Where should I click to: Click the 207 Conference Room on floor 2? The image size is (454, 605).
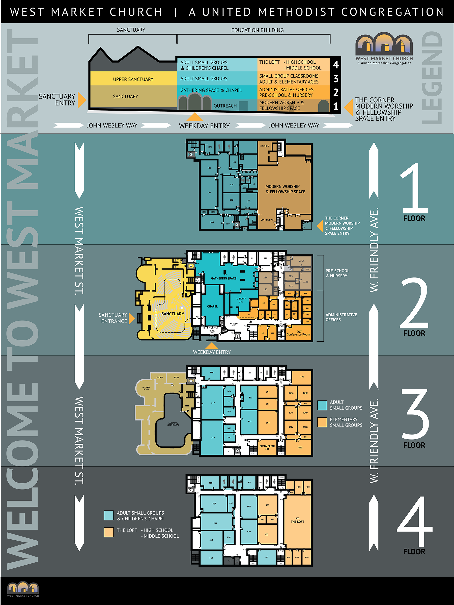click(298, 333)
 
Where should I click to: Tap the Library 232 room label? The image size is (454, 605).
click(241, 300)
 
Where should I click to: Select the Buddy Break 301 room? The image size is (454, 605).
click(267, 447)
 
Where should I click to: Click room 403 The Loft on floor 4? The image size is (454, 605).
click(297, 520)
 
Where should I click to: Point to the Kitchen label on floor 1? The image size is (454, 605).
click(264, 146)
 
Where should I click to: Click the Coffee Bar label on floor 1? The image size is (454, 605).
click(267, 220)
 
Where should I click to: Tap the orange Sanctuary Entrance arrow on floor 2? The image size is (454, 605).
click(131, 318)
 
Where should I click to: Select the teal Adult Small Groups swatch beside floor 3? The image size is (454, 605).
click(322, 405)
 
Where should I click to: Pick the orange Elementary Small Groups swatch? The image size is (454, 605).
click(322, 422)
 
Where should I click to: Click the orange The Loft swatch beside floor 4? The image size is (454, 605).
click(109, 532)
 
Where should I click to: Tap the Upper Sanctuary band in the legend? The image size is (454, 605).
click(133, 79)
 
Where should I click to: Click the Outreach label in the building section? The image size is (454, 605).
click(225, 106)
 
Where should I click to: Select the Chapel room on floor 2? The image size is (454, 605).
click(212, 306)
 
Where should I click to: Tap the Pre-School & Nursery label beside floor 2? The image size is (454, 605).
click(337, 273)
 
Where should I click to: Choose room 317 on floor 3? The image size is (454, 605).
click(213, 403)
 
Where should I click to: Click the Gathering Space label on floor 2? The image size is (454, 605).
click(223, 278)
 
